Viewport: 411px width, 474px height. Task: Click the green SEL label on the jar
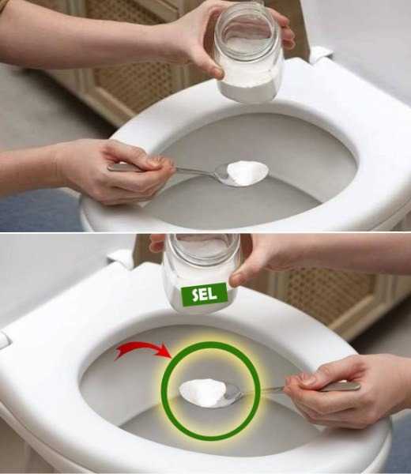point(204,294)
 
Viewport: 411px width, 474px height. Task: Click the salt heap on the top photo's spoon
point(247,172)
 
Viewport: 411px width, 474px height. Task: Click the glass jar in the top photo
point(248,53)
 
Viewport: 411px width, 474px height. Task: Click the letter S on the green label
point(196,295)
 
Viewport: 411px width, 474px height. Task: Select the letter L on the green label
point(213,292)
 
